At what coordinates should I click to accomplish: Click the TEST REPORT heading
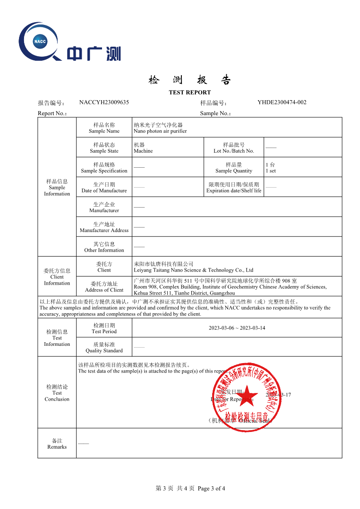(x=190, y=92)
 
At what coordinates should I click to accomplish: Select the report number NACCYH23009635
(x=104, y=102)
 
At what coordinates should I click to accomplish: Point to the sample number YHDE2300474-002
(x=282, y=102)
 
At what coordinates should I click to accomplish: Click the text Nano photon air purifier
(x=160, y=131)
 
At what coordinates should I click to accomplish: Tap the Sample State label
(x=104, y=151)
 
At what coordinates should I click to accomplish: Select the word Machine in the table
(x=143, y=151)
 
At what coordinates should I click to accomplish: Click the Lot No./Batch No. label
(x=234, y=151)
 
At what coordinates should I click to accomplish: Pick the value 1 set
(x=271, y=171)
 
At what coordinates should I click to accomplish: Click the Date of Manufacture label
(x=104, y=191)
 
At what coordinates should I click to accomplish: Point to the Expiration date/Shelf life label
(x=234, y=191)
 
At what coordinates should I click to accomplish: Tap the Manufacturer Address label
(x=104, y=230)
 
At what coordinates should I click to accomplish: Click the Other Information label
(x=104, y=250)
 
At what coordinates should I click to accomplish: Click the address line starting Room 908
(x=230, y=287)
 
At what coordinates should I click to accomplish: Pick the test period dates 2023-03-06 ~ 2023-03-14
(x=237, y=328)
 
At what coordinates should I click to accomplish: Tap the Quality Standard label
(x=104, y=351)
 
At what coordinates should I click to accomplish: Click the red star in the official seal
(x=245, y=398)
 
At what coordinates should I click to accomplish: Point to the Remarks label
(x=57, y=447)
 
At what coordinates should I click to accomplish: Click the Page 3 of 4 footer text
(x=211, y=488)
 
